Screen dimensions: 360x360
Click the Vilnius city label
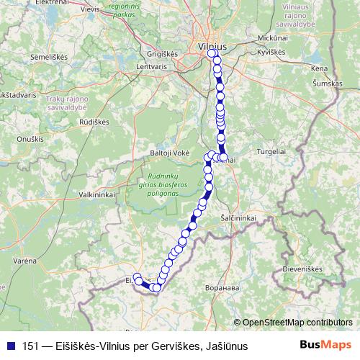click(212, 45)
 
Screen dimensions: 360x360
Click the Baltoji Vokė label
click(169, 153)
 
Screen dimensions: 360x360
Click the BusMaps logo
click(326, 345)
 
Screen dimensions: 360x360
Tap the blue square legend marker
click(10, 346)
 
